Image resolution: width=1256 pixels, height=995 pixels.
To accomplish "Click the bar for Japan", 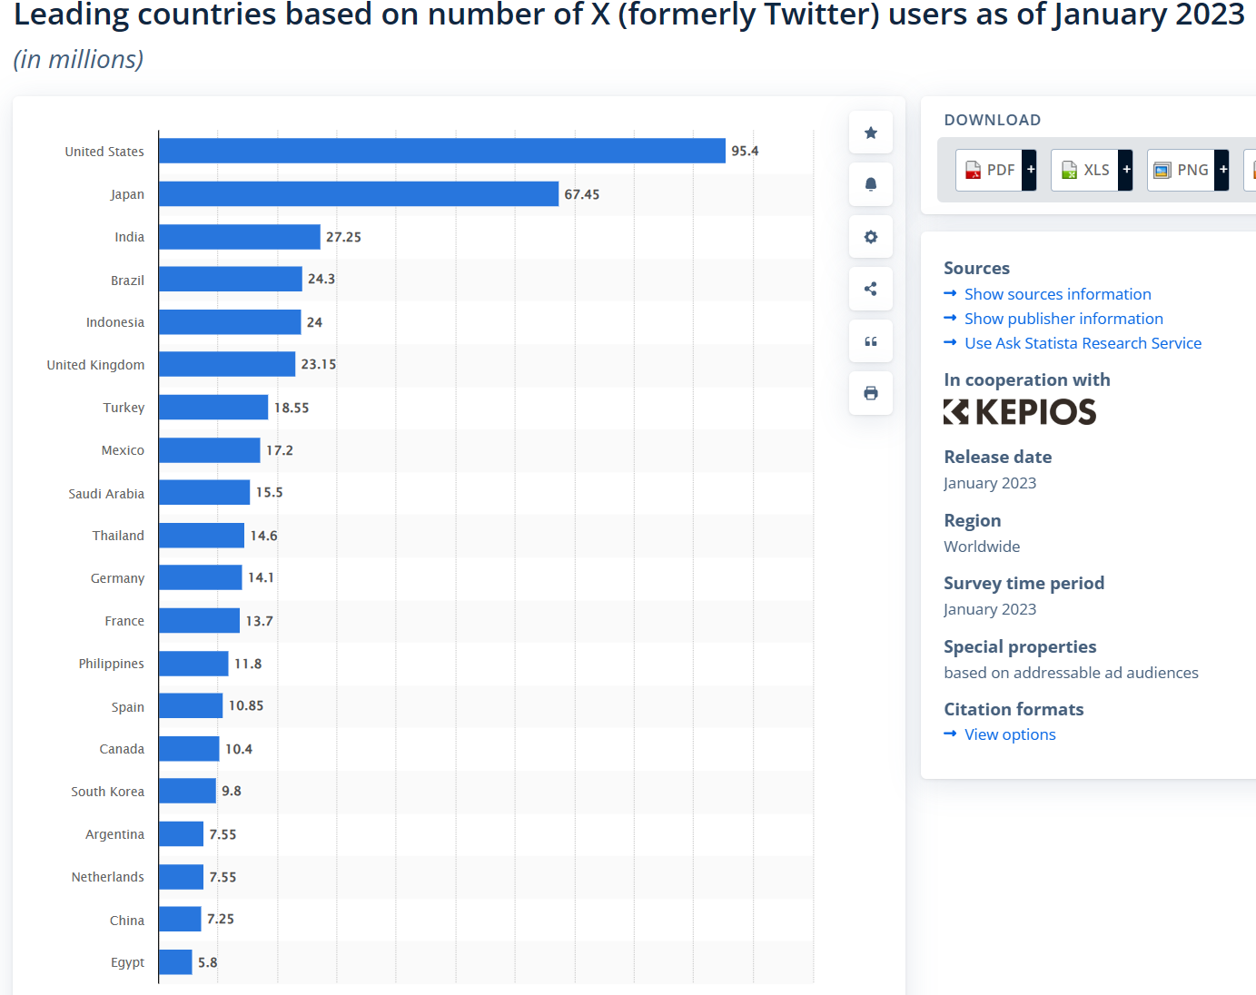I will pos(358,194).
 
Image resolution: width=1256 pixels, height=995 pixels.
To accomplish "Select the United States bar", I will pos(441,151).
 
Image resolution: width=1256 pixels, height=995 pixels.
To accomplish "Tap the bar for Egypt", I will pos(175,962).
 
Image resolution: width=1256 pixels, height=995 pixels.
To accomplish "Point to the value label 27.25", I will pos(343,237).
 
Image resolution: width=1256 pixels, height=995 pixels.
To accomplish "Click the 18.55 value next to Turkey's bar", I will pos(292,408).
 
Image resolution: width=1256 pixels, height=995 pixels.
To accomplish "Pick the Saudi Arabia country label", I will pos(106,494).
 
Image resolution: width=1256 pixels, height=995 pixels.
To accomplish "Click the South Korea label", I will pos(107,792).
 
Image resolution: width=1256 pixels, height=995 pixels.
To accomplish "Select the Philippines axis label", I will pos(111,664).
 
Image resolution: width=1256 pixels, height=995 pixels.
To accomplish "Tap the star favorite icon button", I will pos(871,133).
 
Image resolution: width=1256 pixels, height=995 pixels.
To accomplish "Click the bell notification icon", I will pos(871,185).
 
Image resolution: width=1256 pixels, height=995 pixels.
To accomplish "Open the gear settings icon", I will pos(871,237).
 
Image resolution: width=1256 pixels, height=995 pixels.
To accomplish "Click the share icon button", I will pos(871,289).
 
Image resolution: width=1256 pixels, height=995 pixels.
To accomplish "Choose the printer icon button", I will pos(871,393).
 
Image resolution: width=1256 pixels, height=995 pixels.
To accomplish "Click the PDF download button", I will pos(991,170).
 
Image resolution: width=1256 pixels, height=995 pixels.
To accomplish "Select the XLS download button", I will pos(1087,170).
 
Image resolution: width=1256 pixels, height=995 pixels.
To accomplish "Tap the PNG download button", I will pos(1183,170).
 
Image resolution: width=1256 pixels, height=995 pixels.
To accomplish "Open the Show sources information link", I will pos(1057,294).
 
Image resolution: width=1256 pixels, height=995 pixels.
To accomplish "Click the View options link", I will pos(1010,734).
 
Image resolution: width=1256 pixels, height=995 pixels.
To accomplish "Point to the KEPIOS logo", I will pos(1020,412).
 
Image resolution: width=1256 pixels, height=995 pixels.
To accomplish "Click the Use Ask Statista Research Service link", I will pos(1083,343).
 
